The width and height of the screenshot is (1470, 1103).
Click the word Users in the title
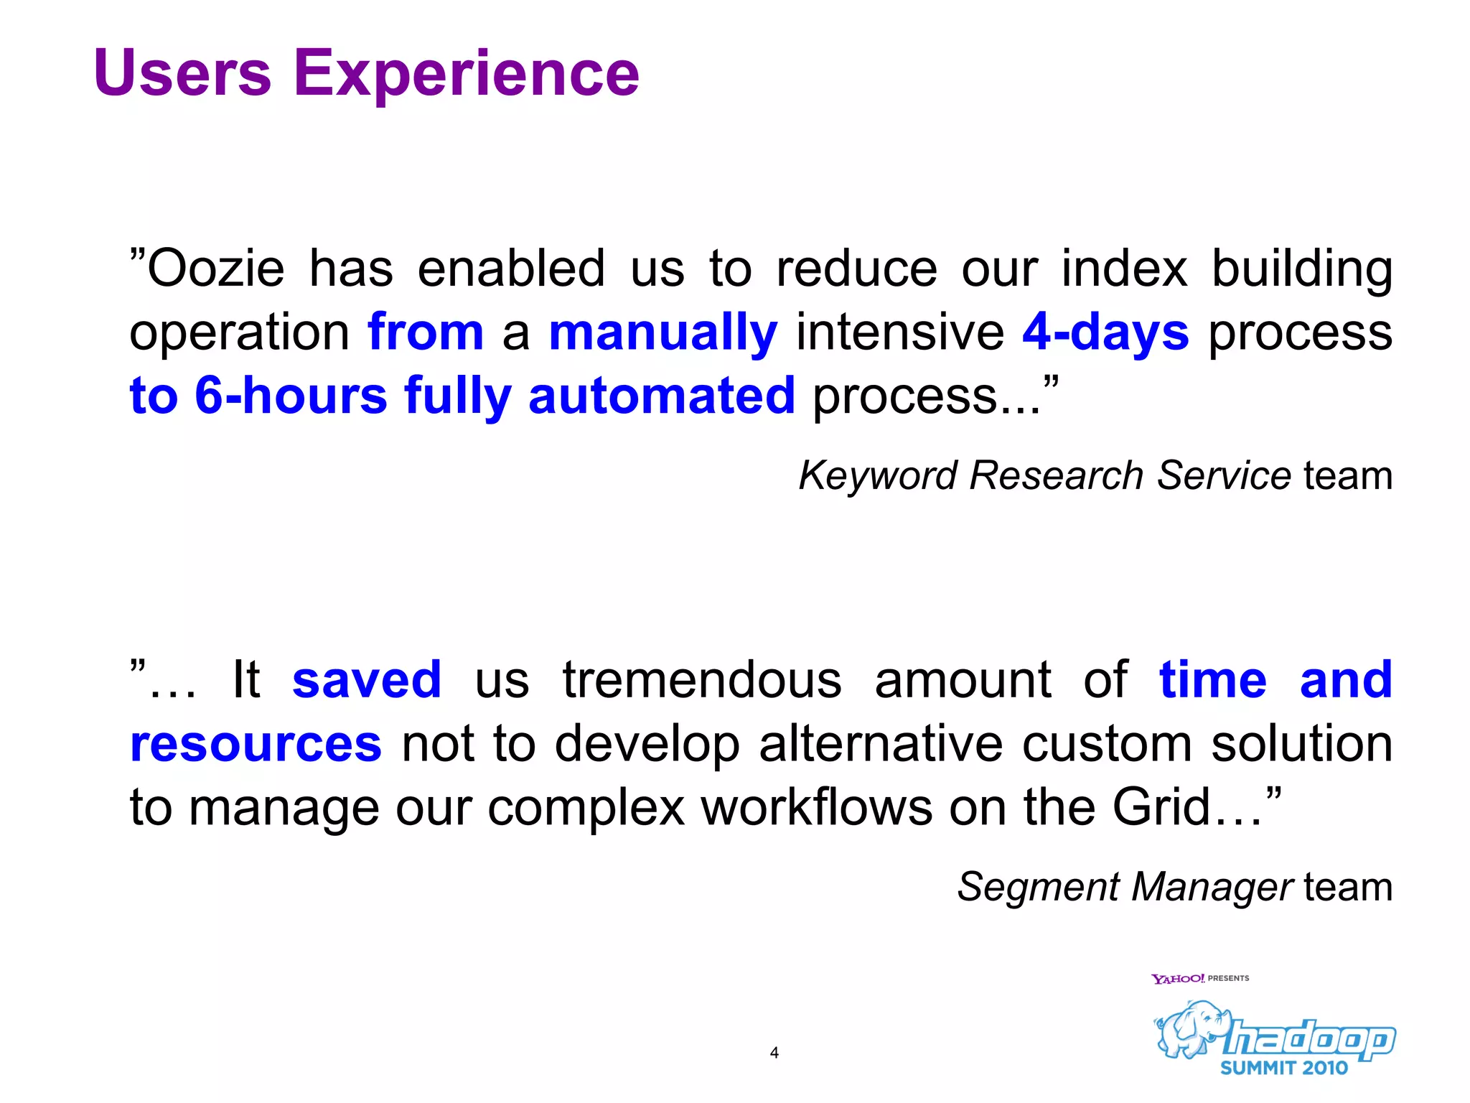[182, 73]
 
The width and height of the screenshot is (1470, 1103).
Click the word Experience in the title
[467, 75]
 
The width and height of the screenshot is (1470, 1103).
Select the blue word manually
[663, 333]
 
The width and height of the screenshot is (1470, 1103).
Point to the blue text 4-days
[1105, 332]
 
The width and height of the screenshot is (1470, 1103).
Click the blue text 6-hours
[291, 396]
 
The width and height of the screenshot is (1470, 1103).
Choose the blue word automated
[662, 396]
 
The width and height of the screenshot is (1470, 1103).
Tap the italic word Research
[1057, 475]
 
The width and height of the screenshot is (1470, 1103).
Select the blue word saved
[367, 679]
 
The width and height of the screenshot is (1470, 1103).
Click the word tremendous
[702, 679]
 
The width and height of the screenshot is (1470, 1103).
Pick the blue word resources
[256, 744]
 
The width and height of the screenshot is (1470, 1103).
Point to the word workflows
[817, 807]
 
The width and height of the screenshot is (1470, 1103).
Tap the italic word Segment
[1038, 888]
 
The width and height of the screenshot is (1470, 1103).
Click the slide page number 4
[774, 1053]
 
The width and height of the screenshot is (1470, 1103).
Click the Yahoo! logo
[1178, 979]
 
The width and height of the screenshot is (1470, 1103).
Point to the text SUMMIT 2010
[1284, 1069]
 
